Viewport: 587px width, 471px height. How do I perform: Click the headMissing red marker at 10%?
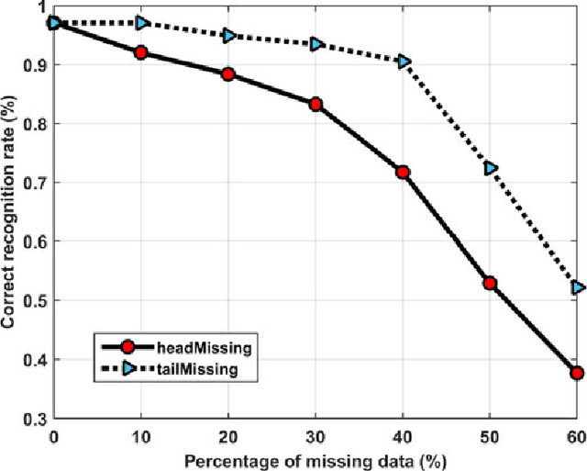pos(141,52)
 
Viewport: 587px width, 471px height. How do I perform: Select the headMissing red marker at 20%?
pos(228,73)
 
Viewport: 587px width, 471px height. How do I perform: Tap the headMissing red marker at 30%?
pos(316,104)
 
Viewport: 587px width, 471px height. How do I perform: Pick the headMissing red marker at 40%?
pos(403,172)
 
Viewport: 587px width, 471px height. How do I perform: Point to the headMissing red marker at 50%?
pos(490,284)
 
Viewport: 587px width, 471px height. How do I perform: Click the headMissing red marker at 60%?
pos(577,373)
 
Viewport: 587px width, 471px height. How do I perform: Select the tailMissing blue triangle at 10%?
pos(141,22)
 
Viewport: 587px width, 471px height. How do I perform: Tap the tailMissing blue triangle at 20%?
pos(228,35)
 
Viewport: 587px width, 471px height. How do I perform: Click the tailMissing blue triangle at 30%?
pos(316,43)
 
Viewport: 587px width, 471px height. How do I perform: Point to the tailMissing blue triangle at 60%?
pos(577,287)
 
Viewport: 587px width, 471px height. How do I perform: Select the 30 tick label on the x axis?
pos(316,433)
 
